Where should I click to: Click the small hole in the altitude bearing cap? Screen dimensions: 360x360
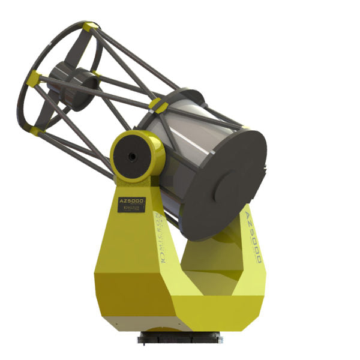tap(131, 156)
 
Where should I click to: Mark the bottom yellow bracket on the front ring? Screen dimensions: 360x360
tap(36, 131)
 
